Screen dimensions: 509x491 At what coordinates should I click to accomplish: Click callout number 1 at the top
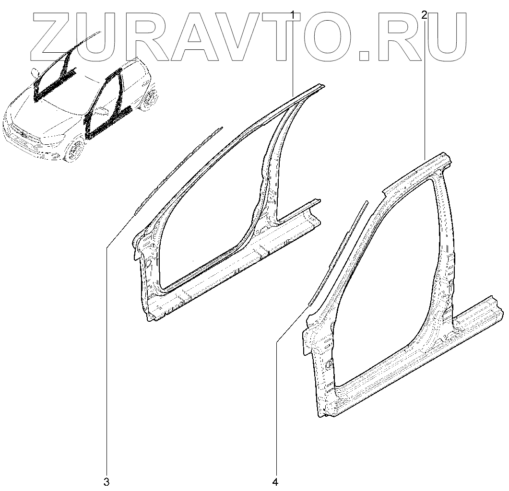pyautogui.click(x=292, y=15)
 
